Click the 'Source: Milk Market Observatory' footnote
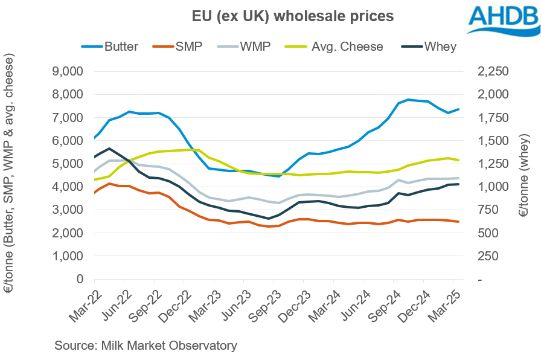[x=146, y=346]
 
